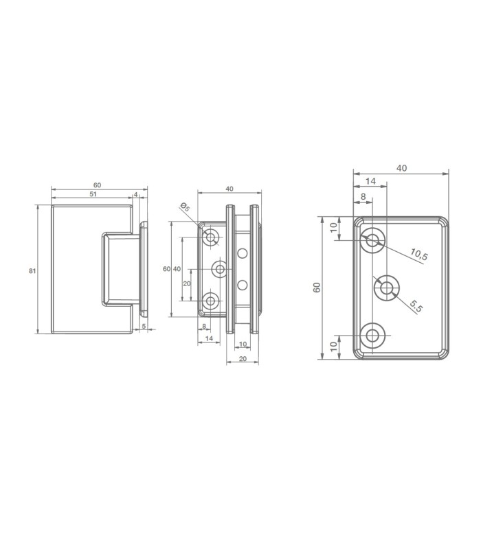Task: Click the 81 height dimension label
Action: [32, 270]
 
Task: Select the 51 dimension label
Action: [93, 194]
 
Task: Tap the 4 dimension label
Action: [136, 194]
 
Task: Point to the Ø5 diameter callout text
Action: [184, 207]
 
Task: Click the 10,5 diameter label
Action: [419, 254]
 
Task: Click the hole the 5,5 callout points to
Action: [386, 288]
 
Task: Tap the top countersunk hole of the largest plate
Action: [372, 240]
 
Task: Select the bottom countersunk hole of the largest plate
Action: [372, 336]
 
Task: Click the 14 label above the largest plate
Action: [370, 181]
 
